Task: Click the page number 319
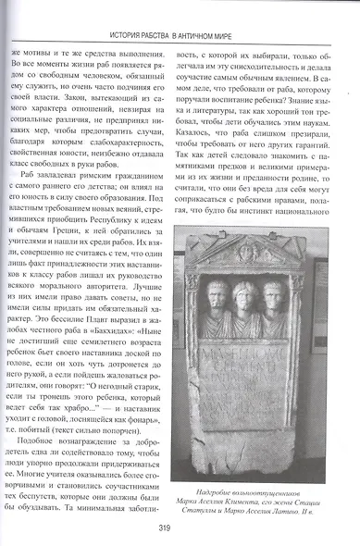coord(180,530)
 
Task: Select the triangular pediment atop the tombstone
coord(245,252)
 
